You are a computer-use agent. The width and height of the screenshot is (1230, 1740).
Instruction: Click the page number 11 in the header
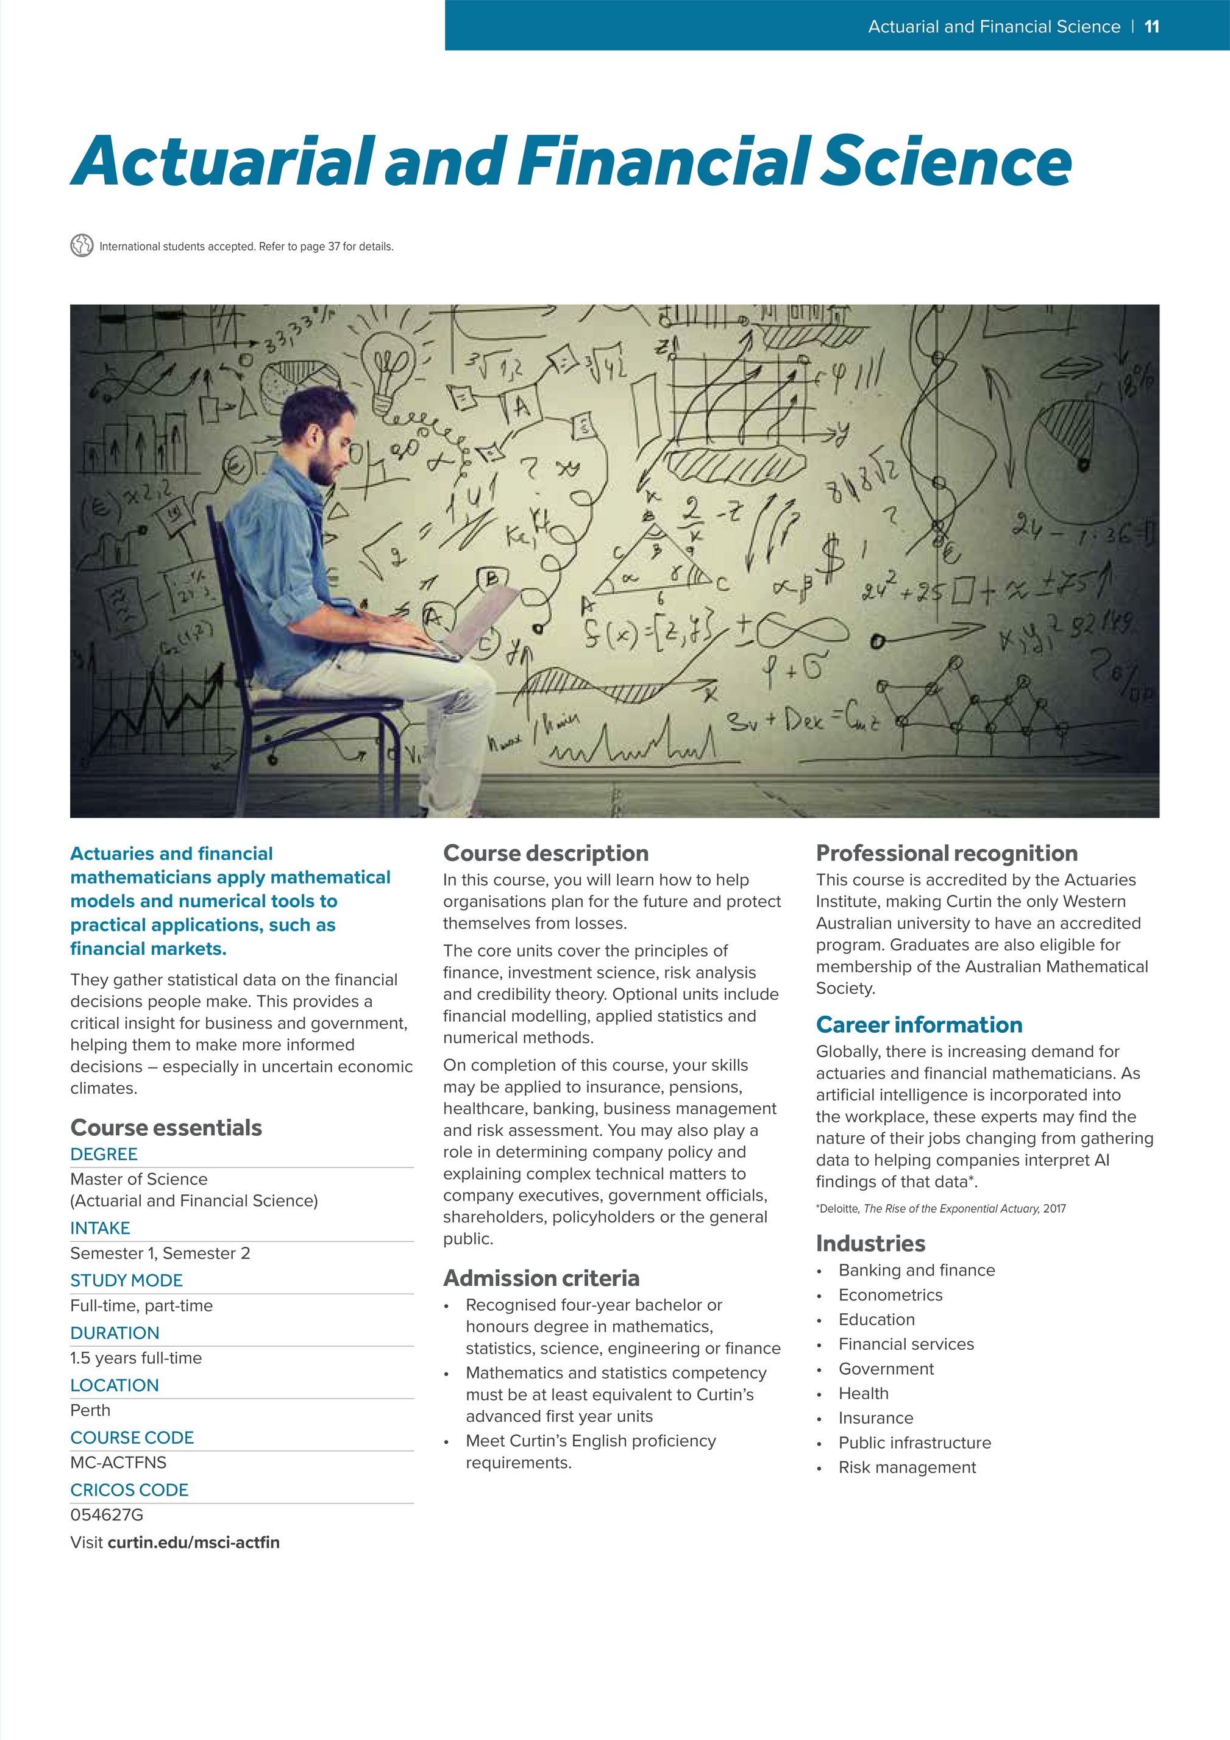point(1151,27)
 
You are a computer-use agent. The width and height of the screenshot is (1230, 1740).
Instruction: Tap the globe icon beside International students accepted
point(82,246)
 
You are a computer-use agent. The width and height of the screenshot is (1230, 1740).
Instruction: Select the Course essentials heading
point(166,1128)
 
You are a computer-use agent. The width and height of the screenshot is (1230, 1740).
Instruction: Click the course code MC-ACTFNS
point(118,1463)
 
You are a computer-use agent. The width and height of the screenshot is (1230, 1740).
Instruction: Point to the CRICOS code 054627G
point(107,1515)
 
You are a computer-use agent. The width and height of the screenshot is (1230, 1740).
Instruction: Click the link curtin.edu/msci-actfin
point(193,1542)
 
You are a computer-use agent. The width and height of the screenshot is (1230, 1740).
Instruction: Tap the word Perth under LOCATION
point(90,1410)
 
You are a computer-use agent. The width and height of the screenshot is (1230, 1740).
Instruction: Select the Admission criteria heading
point(541,1278)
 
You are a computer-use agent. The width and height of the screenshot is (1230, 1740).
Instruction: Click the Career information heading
point(919,1025)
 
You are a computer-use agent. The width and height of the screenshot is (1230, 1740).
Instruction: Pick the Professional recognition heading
point(947,854)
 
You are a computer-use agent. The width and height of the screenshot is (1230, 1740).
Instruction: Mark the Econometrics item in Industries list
point(891,1295)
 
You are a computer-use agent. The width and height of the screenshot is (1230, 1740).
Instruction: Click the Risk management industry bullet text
point(907,1467)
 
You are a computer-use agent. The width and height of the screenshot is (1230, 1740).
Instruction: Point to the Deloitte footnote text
point(941,1209)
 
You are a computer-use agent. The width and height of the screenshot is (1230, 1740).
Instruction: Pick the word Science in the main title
point(947,161)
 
